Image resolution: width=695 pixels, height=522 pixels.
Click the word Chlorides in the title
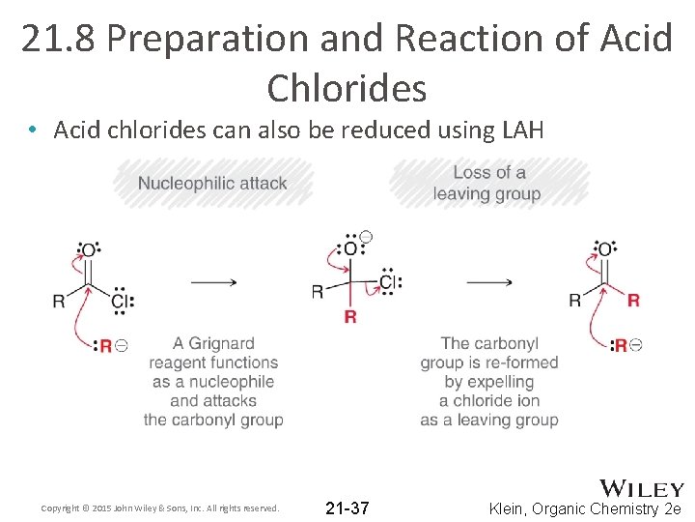(347, 88)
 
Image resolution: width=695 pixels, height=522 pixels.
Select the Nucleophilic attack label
(212, 183)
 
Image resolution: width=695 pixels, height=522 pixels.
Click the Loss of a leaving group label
(487, 183)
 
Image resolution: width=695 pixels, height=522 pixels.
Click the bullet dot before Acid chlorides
(33, 130)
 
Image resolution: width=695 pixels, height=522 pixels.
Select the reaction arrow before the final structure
(489, 282)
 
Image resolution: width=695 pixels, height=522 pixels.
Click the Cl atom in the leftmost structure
(119, 301)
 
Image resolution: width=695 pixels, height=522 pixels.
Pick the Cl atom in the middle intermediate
(388, 282)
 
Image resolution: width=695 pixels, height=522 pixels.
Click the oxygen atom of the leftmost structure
(88, 251)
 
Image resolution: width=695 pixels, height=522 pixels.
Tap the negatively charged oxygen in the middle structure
(350, 248)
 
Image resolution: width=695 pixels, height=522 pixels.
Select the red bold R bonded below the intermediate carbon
(350, 317)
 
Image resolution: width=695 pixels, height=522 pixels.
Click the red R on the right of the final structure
(633, 301)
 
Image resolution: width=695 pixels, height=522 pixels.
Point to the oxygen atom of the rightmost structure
(604, 251)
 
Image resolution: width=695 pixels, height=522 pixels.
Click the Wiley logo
(642, 489)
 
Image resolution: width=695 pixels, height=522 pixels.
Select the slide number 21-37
(347, 507)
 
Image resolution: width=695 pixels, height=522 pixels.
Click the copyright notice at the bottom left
(160, 508)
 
